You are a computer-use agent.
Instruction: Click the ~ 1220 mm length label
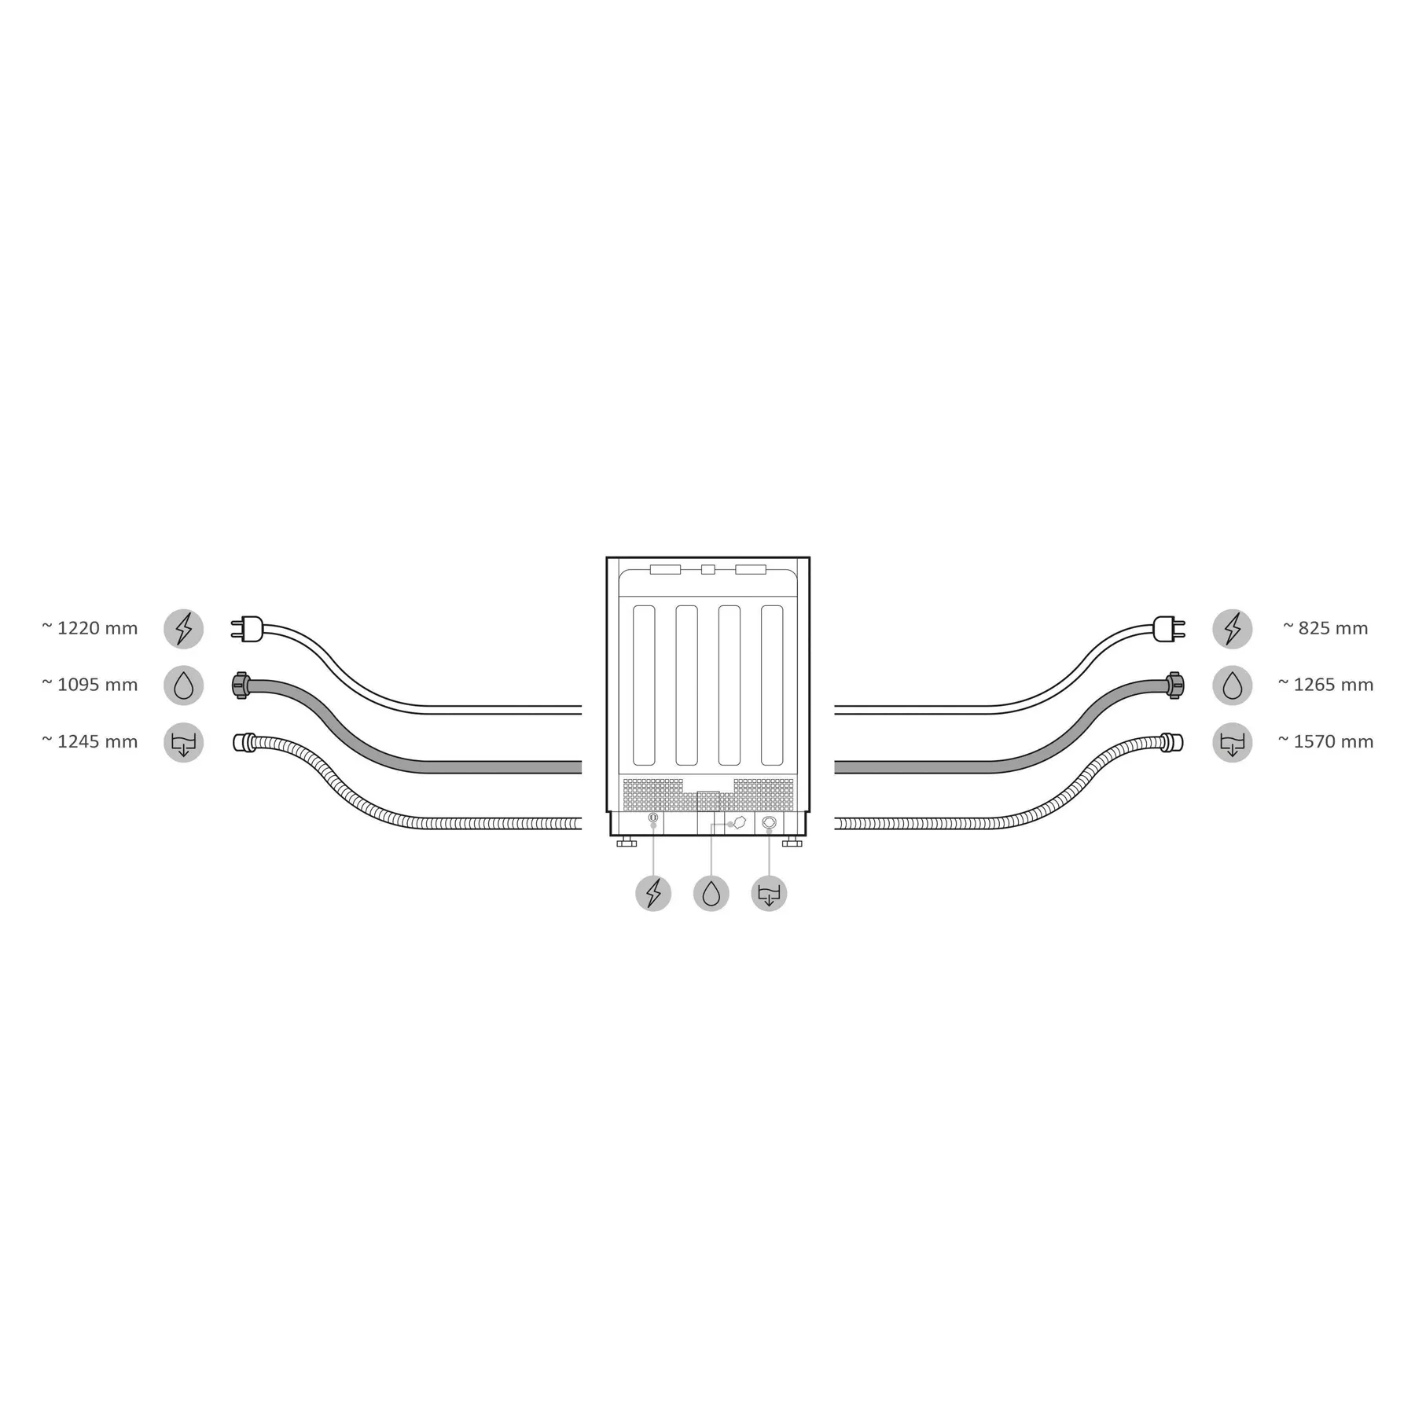(x=90, y=628)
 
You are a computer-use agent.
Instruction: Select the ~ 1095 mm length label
(x=90, y=685)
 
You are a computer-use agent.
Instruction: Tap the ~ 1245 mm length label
(x=90, y=741)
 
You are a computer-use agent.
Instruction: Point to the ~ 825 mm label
(x=1325, y=628)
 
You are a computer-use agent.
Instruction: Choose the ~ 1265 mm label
(x=1325, y=685)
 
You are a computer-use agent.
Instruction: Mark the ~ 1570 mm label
(x=1325, y=741)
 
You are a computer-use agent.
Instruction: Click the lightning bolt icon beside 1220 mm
(x=183, y=629)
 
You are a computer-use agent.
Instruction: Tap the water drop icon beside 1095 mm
(x=183, y=685)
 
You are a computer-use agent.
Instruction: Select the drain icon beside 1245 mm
(x=183, y=743)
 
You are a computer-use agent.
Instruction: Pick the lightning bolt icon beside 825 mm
(x=1232, y=629)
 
